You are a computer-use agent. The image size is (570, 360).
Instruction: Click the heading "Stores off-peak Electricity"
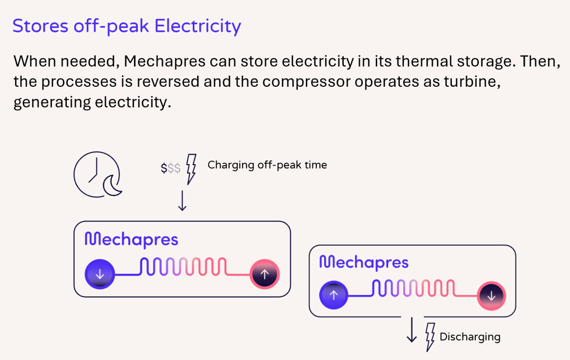coord(127,25)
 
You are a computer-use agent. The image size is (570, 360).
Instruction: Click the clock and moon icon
coord(97,173)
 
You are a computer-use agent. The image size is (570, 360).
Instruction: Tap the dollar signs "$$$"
coord(171,168)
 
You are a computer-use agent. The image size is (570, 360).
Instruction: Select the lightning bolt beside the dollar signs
coord(191,169)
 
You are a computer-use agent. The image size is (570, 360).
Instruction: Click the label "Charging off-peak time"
coord(267,165)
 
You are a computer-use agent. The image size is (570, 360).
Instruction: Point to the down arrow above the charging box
coord(182,201)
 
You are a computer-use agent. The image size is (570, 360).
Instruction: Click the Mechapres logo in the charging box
coord(131,240)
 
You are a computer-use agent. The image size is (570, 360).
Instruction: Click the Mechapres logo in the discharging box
coord(364,262)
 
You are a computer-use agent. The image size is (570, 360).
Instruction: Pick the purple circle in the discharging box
coord(333,295)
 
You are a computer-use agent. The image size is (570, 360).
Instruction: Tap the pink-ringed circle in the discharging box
coord(491,295)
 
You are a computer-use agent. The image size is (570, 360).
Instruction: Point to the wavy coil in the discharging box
coord(413,289)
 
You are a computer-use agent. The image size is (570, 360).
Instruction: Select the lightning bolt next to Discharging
coord(431,337)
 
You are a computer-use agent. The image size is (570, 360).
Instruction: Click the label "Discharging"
coord(470,337)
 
